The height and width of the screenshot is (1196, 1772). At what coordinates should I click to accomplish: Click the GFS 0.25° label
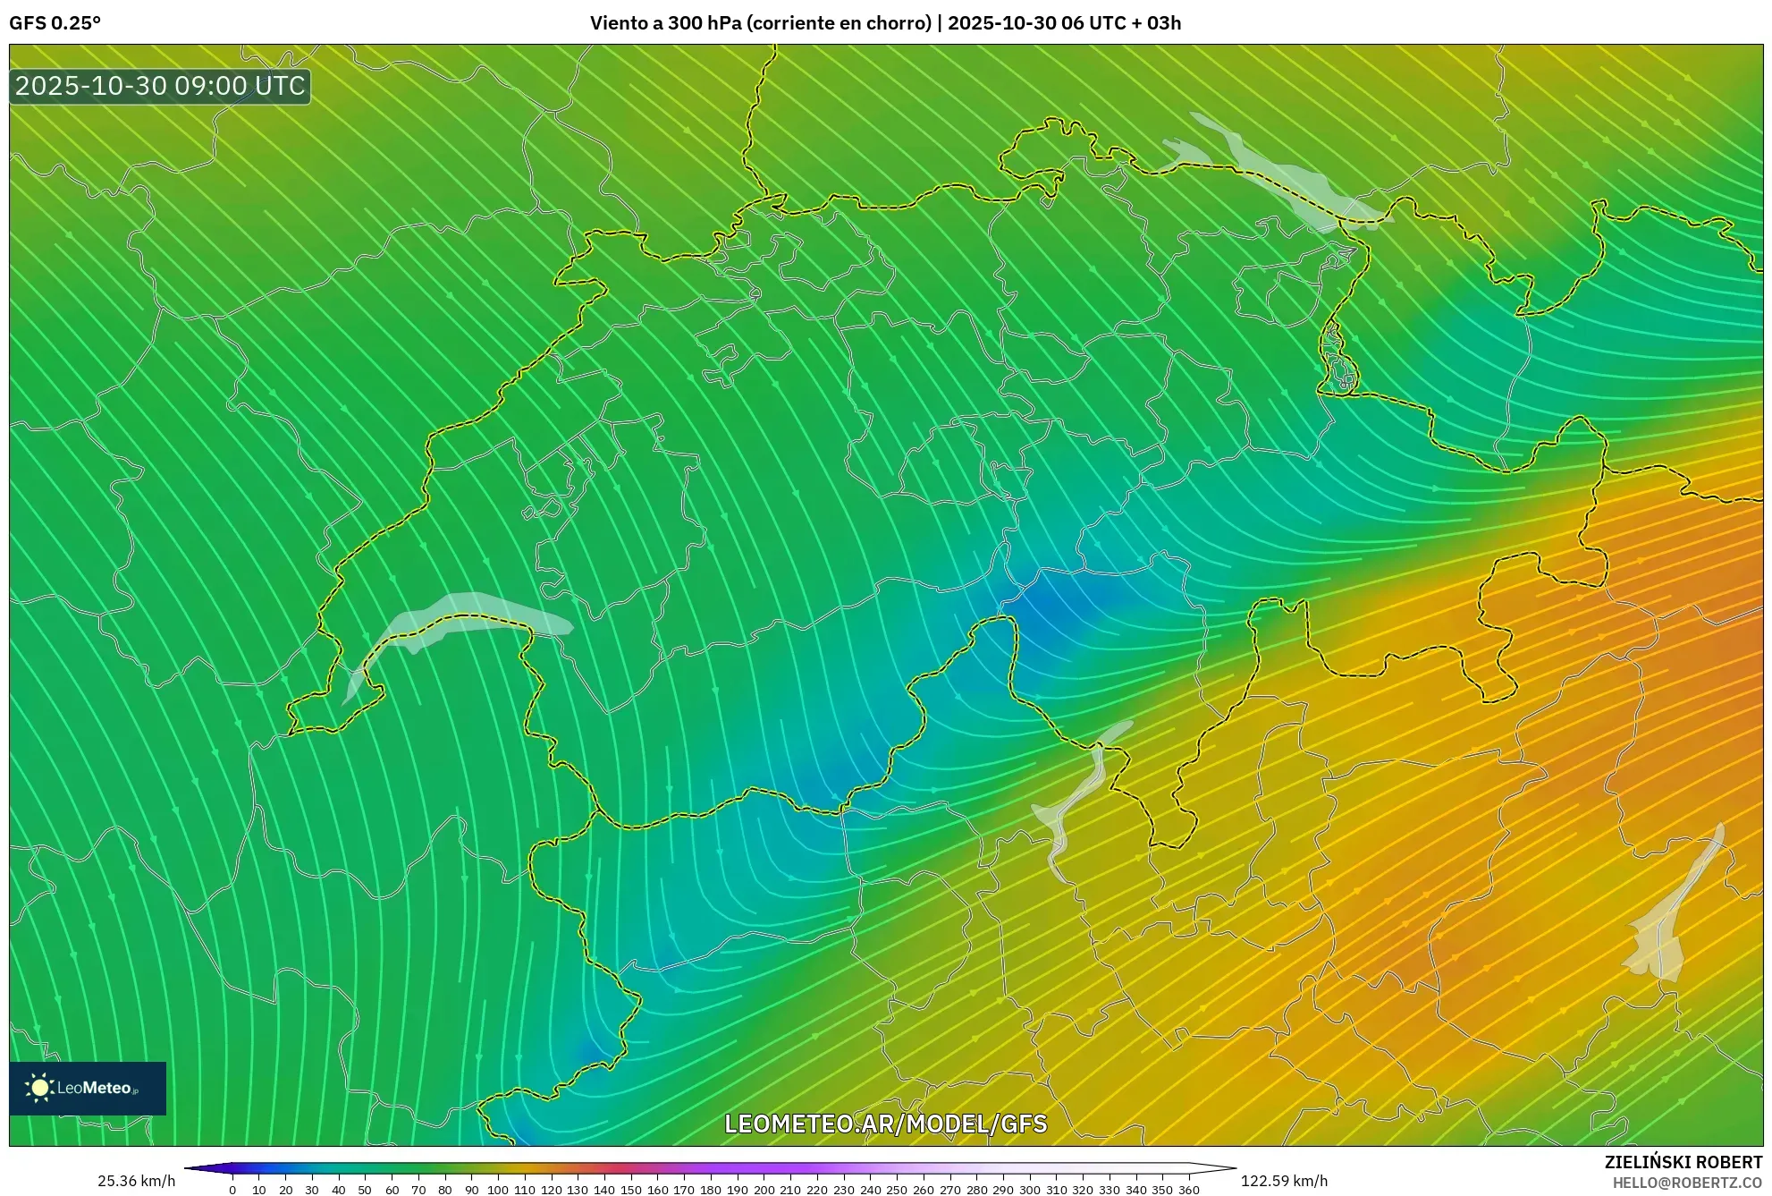tap(55, 23)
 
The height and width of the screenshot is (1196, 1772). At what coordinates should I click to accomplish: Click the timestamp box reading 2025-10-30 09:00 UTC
tap(160, 86)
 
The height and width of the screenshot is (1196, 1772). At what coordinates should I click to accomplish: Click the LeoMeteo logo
tap(88, 1088)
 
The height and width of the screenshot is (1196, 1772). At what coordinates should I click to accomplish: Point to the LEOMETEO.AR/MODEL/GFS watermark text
tap(885, 1124)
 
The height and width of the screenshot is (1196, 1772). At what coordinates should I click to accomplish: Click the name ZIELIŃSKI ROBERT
tap(1683, 1162)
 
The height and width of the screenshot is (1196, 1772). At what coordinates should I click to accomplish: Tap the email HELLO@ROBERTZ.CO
tap(1687, 1183)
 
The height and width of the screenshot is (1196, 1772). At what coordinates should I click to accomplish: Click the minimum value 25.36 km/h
tap(136, 1181)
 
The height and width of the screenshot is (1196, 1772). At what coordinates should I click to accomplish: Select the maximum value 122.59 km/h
tap(1284, 1181)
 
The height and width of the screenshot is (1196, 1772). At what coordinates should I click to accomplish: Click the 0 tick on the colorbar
tap(232, 1190)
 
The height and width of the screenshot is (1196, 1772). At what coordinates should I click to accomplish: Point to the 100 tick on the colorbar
tap(498, 1190)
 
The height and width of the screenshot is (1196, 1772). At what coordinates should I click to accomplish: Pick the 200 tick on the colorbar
tap(764, 1190)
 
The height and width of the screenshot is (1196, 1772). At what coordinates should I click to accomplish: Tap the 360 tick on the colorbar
tap(1188, 1190)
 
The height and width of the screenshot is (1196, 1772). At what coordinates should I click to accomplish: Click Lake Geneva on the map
tap(465, 617)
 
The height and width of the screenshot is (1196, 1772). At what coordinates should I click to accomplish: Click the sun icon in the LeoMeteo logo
tap(39, 1088)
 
